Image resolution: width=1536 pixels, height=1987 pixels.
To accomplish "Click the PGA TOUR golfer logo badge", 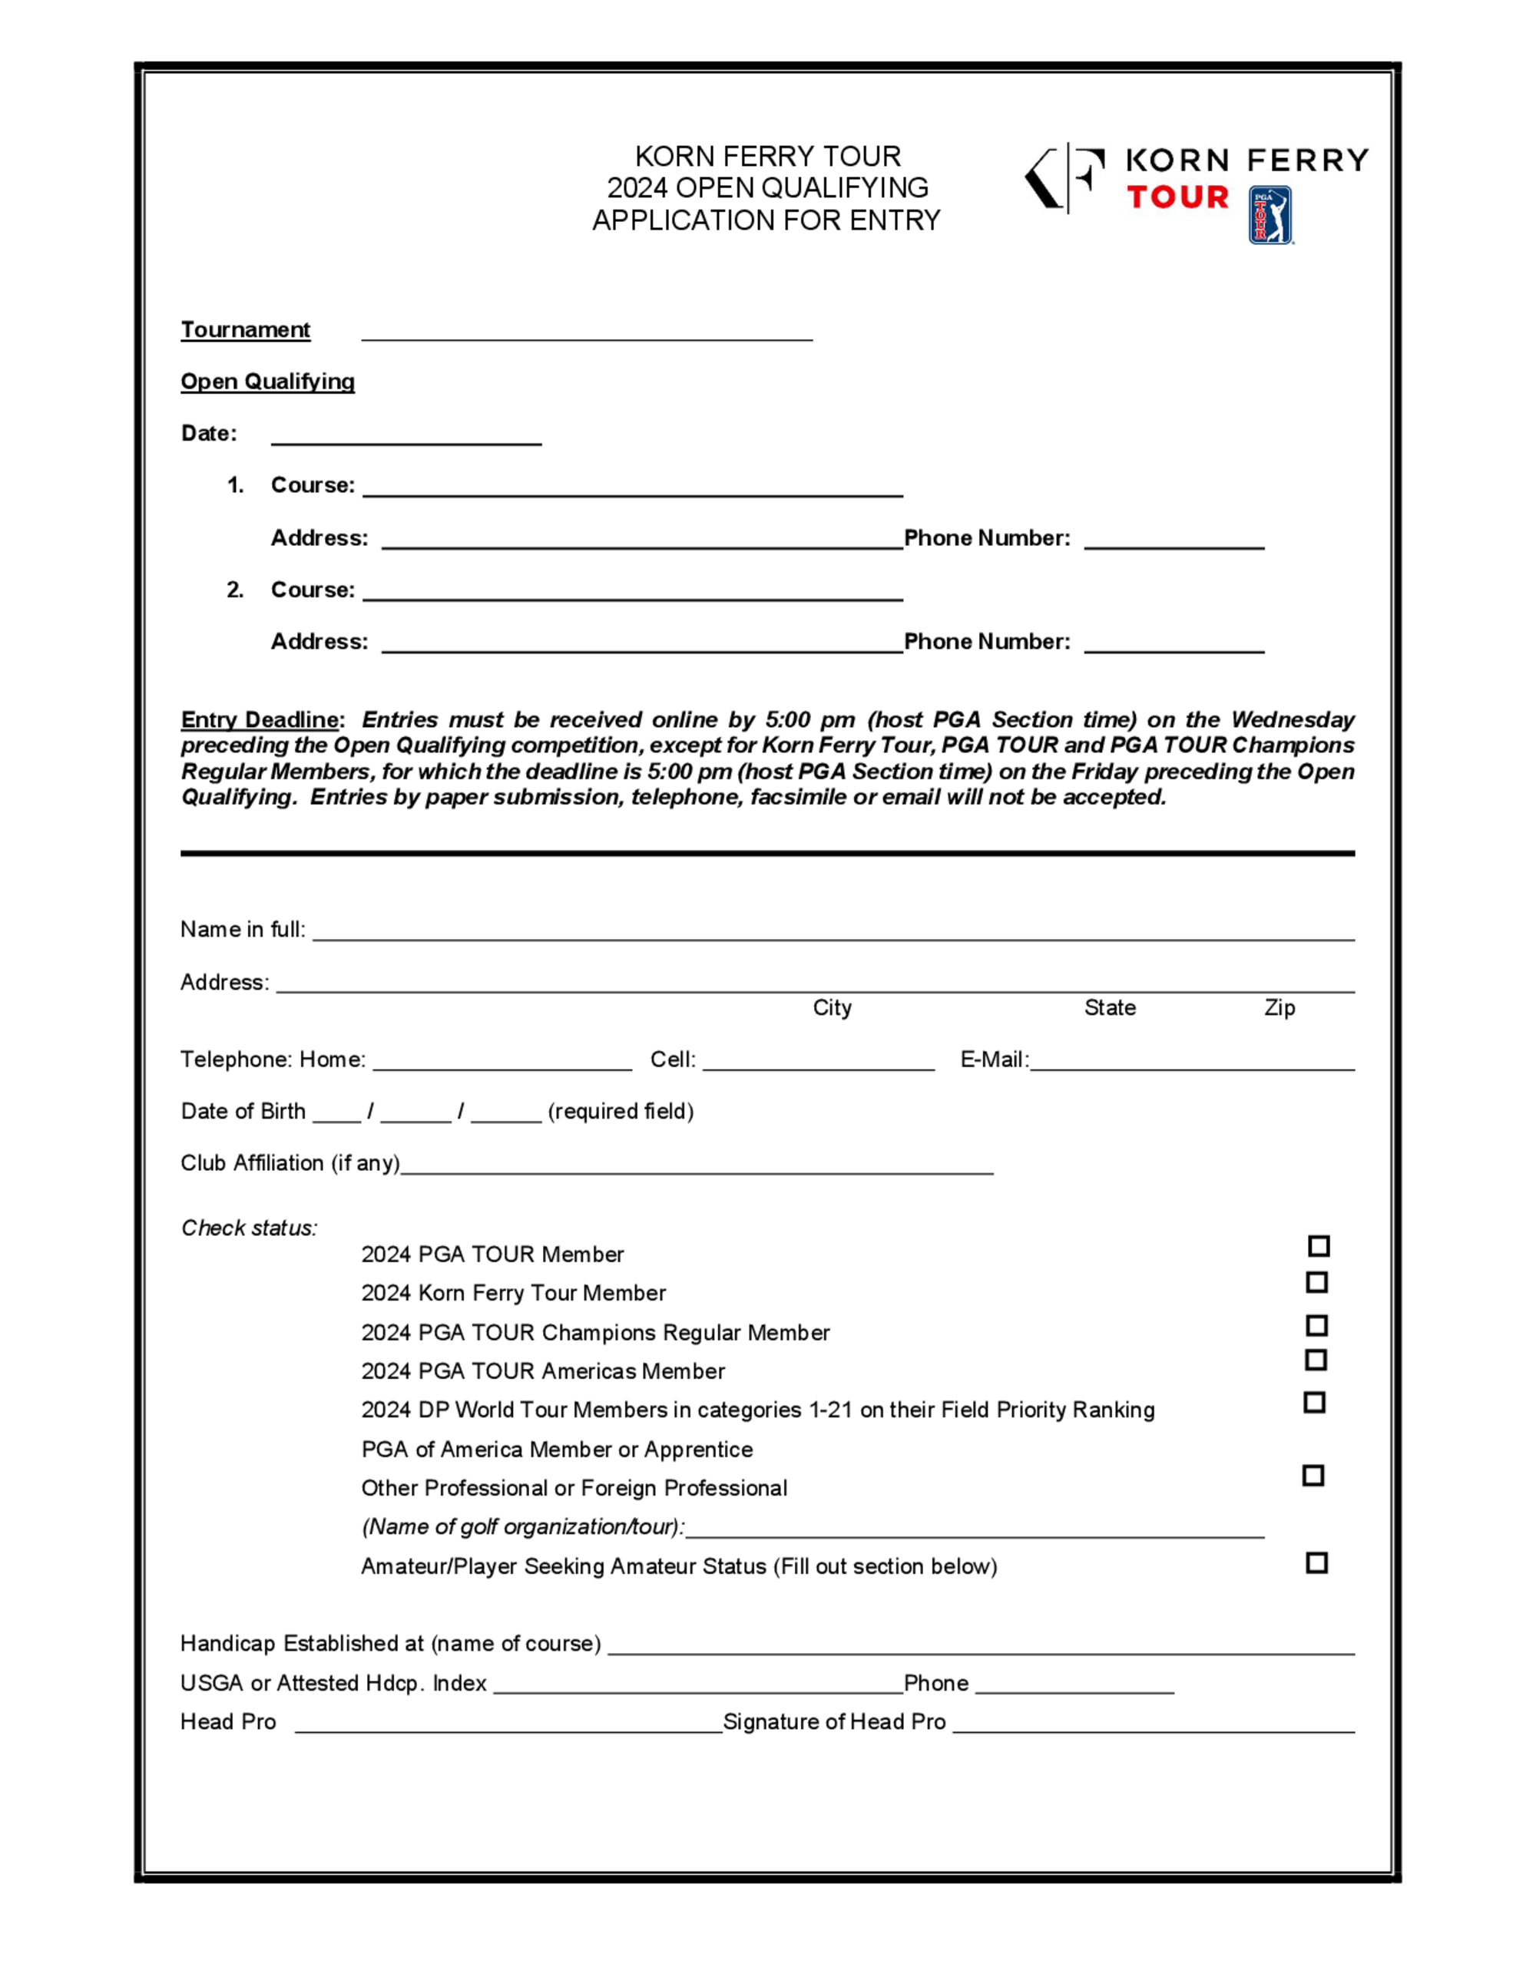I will coord(1270,216).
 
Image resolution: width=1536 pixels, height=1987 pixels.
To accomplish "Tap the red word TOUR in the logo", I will coord(1177,197).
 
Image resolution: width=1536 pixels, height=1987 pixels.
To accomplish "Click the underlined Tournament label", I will coord(246,329).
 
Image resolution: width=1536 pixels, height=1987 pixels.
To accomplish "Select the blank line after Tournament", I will coord(587,333).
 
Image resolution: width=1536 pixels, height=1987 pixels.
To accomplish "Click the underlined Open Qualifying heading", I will coord(267,382).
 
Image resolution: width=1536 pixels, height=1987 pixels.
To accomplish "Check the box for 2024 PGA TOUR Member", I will coord(1319,1245).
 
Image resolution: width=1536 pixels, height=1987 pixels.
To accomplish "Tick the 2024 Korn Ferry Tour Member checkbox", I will coord(1316,1282).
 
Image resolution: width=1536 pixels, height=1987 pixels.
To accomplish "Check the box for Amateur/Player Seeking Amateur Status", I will coord(1316,1562).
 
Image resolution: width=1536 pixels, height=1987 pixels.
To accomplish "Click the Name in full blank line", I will coord(833,934).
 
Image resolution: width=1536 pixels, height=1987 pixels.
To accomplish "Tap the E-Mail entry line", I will coord(1192,1063).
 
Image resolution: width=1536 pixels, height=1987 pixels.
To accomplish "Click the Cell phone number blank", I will coord(818,1063).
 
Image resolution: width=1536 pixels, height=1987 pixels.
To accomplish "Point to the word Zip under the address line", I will coord(1279,1007).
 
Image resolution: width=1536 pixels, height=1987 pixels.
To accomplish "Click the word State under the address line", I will coord(1109,1007).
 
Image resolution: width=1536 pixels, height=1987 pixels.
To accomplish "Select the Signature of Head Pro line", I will coord(1153,1726).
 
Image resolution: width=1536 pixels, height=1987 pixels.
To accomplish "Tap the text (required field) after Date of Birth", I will coord(621,1111).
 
